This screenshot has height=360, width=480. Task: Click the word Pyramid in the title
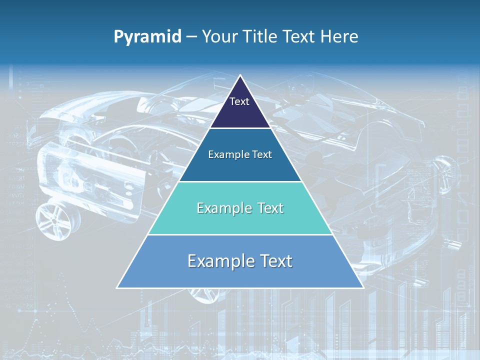point(147,37)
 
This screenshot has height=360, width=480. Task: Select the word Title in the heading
point(262,37)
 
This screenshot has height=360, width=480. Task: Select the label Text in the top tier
point(239,101)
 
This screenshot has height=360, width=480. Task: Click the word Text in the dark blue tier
point(260,155)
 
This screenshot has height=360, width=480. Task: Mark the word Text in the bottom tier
point(274,261)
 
